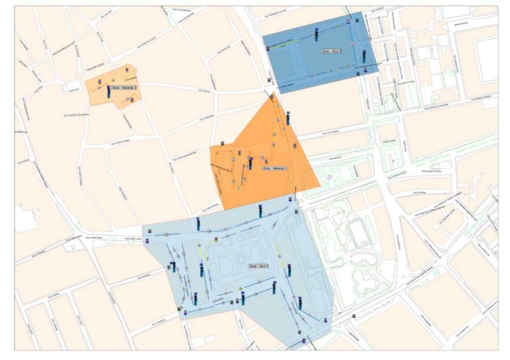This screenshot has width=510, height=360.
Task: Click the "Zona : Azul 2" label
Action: (x=331, y=50)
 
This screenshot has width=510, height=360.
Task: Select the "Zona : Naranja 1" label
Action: (x=275, y=169)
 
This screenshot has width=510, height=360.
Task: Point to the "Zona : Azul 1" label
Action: (x=260, y=266)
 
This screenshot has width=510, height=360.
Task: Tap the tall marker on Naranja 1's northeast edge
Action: (x=288, y=119)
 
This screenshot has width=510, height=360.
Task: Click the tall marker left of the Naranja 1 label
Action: (x=250, y=162)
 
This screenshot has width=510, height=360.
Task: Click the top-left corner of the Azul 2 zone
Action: (x=263, y=34)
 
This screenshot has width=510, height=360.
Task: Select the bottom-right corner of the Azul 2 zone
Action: (x=379, y=72)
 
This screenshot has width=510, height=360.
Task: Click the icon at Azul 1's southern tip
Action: (x=305, y=341)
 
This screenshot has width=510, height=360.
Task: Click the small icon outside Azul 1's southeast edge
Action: (x=354, y=315)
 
